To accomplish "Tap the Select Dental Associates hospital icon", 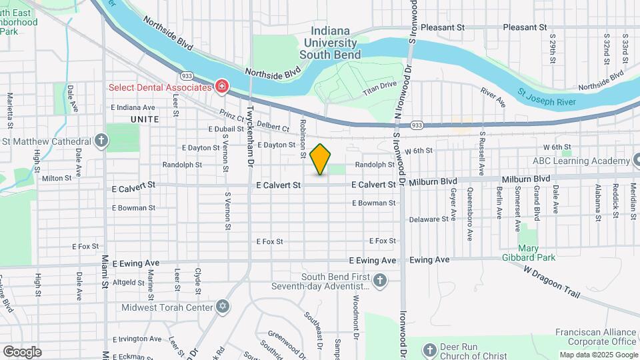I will tap(221, 87).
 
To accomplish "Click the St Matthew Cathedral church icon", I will tap(101, 141).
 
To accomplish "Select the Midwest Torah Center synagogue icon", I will tap(223, 307).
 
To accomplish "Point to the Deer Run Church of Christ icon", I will tap(430, 349).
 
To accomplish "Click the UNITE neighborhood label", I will tap(145, 119).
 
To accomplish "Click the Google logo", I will tap(22, 352).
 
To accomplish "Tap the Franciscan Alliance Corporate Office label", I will tap(596, 337).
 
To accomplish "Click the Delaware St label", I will tap(429, 219).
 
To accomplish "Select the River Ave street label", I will tap(493, 97).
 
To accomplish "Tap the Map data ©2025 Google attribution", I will tap(598, 355).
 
